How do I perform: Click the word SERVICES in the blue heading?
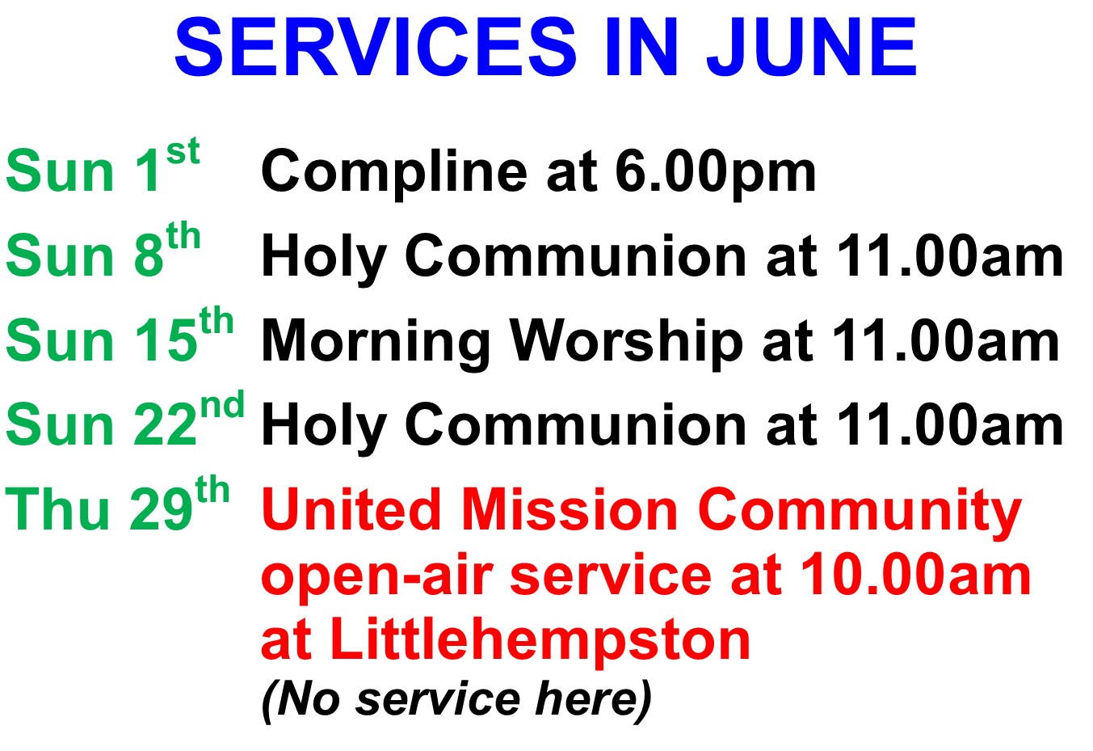pyautogui.click(x=376, y=47)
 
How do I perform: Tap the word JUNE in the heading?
pyautogui.click(x=812, y=47)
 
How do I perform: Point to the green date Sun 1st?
pyautogui.click(x=103, y=165)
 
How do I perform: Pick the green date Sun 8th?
pyautogui.click(x=103, y=250)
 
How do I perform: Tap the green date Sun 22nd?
pyautogui.click(x=125, y=419)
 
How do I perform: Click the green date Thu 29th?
pyautogui.click(x=117, y=504)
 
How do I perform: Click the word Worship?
pyautogui.click(x=627, y=342)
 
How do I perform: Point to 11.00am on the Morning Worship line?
pyautogui.click(x=946, y=340)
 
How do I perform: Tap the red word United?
pyautogui.click(x=351, y=508)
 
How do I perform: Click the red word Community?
pyautogui.click(x=860, y=513)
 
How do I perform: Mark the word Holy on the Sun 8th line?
pyautogui.click(x=324, y=258)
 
